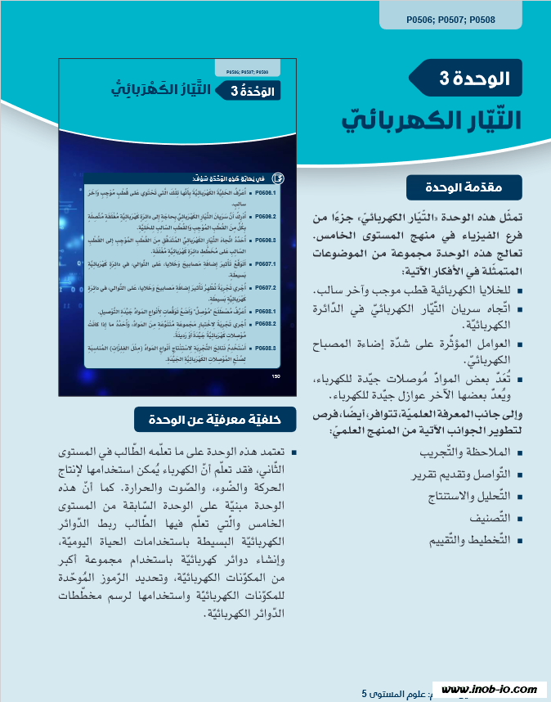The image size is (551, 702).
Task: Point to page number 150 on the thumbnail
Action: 275,376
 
